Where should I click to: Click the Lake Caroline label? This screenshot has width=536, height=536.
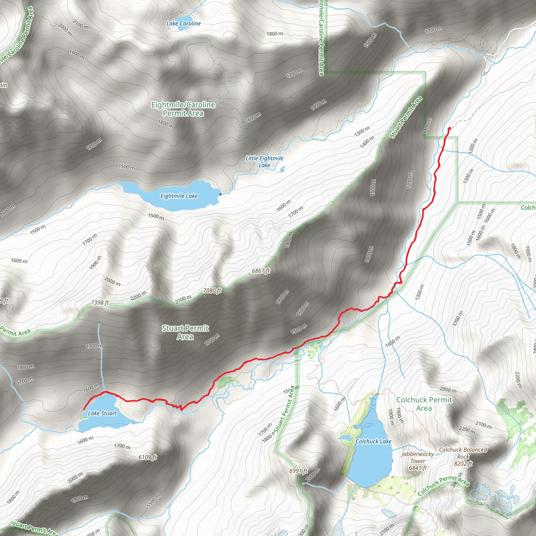pos(183,24)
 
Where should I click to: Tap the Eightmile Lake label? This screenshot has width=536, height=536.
pos(179,196)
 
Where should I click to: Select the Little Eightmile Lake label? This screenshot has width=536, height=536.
pos(264,162)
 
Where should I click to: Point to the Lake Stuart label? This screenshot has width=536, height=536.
pos(102,413)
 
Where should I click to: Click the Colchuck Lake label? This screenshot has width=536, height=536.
pos(373,442)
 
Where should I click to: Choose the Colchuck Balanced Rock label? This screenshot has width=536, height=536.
pos(463,453)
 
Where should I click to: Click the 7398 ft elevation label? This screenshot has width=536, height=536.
pos(100,302)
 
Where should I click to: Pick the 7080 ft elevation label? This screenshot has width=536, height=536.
pos(212,291)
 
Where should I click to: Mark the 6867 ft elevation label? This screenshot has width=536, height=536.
pos(261,271)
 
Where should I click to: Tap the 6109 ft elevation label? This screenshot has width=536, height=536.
pos(148,457)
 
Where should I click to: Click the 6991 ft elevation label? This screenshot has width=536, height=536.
pos(298,471)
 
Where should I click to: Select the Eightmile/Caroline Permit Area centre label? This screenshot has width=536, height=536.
pos(183,109)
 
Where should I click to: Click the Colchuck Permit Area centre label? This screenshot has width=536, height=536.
pos(424,404)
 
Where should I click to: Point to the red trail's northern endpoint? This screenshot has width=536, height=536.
pos(449,128)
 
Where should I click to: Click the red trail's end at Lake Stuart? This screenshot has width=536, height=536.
pos(84,409)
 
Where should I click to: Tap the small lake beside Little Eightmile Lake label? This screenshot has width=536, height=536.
pos(282,169)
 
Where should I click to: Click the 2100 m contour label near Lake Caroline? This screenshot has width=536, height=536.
pos(80,24)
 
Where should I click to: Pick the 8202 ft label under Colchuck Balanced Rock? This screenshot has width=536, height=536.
pos(463,464)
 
